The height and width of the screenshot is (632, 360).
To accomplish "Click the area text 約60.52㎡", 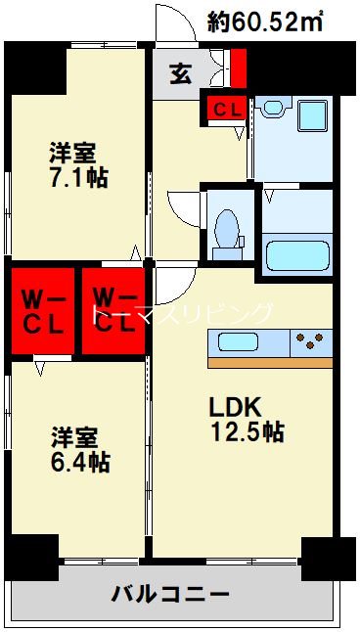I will pos(267,22).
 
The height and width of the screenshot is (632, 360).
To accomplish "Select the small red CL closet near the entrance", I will pos(224,109).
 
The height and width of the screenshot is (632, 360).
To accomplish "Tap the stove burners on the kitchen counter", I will pos(311,342).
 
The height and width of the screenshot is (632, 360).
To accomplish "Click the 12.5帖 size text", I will pos(246,431).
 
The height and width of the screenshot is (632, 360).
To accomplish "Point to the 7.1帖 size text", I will pos(79,178).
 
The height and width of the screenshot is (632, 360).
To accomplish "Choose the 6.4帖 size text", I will pos(79,463).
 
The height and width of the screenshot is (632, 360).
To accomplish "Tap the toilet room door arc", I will pos(184,208).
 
